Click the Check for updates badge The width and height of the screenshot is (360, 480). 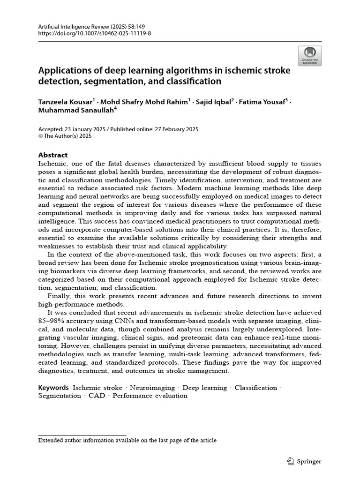click(309, 56)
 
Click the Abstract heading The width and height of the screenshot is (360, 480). click(53, 155)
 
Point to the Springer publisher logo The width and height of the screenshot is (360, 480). click(304, 461)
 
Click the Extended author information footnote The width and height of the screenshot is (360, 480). click(127, 440)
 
